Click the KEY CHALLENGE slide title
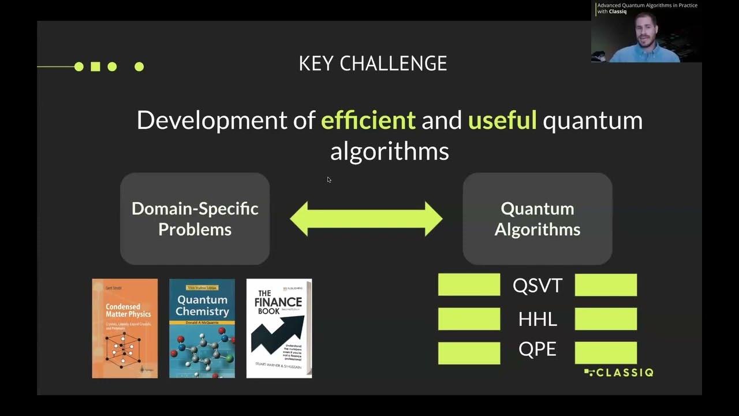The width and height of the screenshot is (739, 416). coord(372,64)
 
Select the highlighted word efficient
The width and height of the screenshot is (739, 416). coord(368,120)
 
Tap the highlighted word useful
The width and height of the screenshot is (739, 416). coord(502,120)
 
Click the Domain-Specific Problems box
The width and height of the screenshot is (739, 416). coord(195,218)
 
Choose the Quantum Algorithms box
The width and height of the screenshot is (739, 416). coord(537,218)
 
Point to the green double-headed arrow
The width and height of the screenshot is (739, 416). coord(366,219)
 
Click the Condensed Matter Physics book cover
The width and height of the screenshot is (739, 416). coord(125,328)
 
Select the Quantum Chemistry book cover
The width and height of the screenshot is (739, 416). coord(202,328)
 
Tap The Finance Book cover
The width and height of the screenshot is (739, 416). coord(279,328)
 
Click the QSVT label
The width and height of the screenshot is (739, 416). coord(537,285)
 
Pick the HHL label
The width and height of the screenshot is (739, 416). coord(537,319)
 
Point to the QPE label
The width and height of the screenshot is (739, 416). coord(537,350)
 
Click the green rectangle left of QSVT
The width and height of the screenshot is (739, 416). coord(469,285)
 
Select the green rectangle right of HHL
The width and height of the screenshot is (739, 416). coord(606,319)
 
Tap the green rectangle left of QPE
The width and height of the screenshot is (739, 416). coord(469,353)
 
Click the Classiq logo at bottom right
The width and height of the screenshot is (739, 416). coord(618,373)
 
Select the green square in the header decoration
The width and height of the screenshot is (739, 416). coord(95,66)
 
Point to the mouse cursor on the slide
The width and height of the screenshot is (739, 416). coord(329,179)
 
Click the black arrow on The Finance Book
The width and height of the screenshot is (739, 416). coord(277,333)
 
